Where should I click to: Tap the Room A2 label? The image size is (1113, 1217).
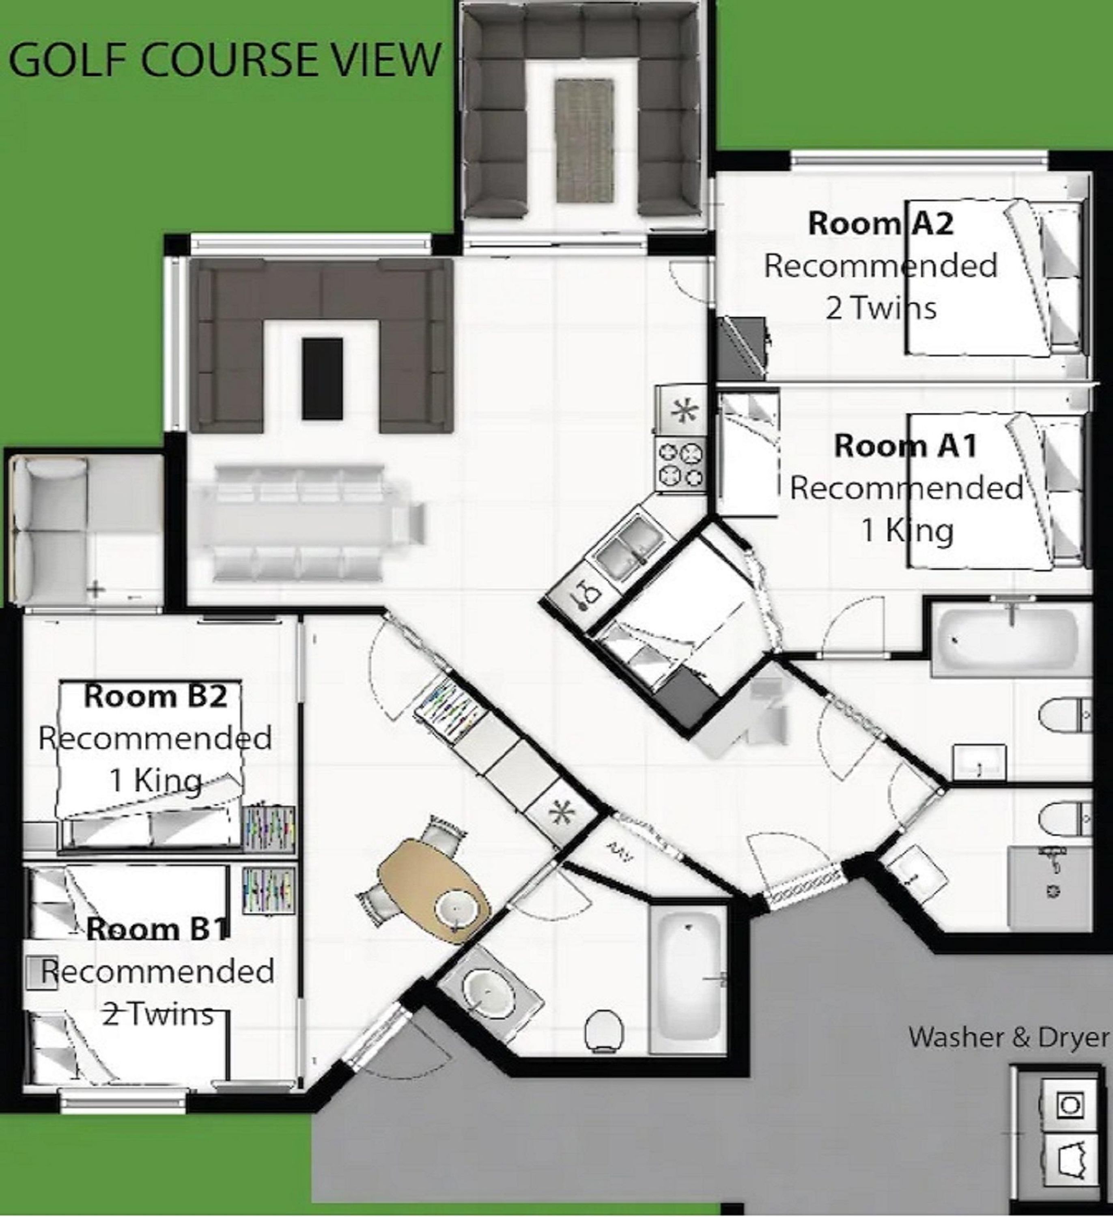[x=880, y=224]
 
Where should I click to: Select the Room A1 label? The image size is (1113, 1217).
[x=905, y=446]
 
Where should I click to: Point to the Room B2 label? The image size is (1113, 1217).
[x=155, y=696]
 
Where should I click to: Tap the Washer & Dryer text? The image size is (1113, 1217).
[x=1009, y=1037]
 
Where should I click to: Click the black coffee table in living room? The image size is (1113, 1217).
[x=323, y=378]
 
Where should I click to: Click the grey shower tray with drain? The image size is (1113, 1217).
[x=1050, y=886]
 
